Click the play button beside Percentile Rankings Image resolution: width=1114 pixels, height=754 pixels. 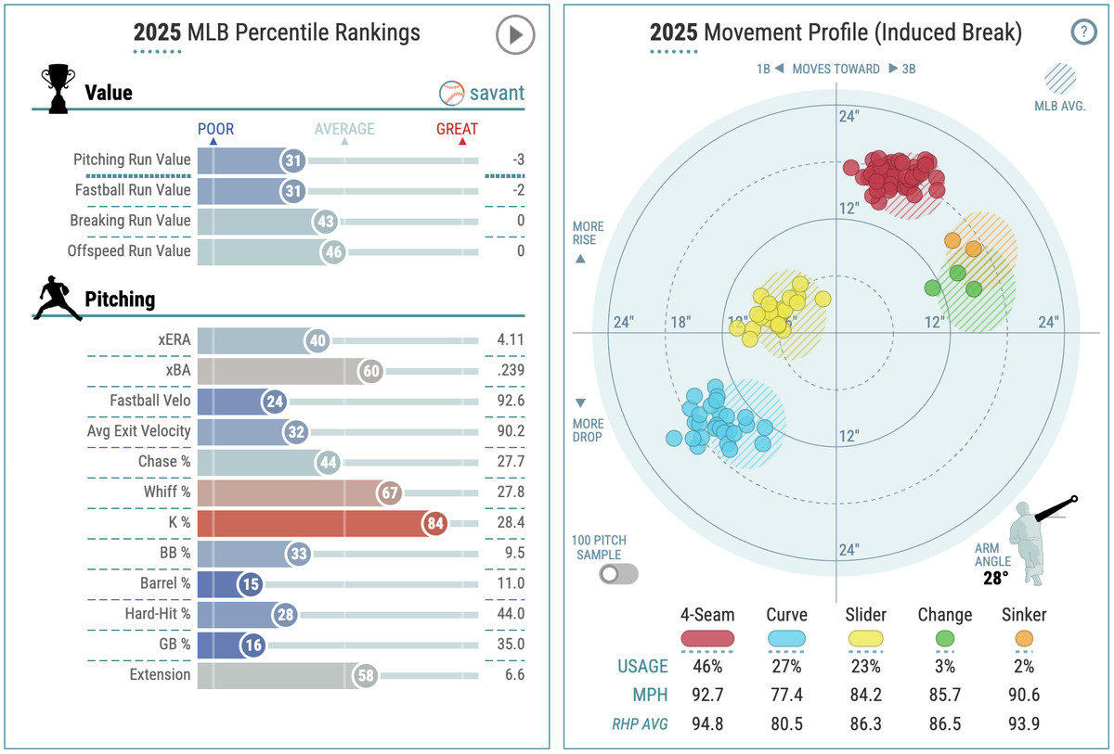click(515, 36)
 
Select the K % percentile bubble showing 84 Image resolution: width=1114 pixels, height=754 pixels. click(434, 523)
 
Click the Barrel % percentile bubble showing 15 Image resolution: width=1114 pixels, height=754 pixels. click(250, 583)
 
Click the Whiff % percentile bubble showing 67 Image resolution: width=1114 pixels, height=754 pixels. click(388, 492)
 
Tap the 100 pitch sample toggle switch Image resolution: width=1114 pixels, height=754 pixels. click(619, 573)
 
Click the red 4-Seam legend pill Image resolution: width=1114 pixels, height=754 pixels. click(707, 638)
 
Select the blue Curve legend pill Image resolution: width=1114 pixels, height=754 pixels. click(786, 638)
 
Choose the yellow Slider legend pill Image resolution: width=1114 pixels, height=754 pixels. click(866, 638)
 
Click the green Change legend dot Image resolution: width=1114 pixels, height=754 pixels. click(945, 638)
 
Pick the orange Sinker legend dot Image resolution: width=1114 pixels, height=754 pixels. click(1024, 638)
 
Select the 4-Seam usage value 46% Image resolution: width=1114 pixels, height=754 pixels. click(707, 666)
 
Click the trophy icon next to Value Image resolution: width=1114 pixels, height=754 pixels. click(58, 89)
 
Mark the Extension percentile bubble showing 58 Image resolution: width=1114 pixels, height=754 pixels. click(366, 675)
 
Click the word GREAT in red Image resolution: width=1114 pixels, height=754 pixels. click(457, 130)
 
